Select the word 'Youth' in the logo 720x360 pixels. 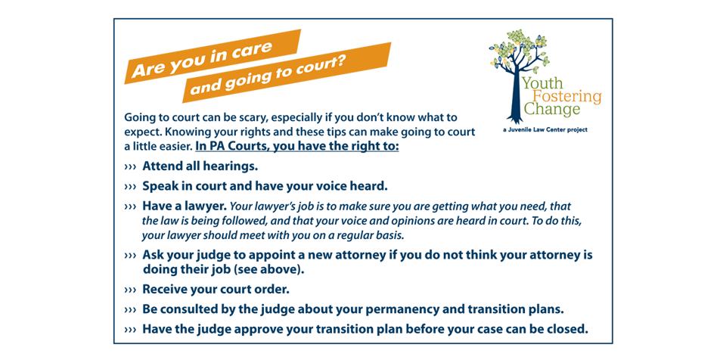542,83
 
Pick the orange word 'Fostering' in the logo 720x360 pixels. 566,96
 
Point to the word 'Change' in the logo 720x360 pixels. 552,110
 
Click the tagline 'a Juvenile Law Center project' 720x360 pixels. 539,129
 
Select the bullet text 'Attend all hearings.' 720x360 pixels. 200,166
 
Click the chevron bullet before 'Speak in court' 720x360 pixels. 130,186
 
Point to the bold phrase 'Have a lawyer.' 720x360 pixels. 184,206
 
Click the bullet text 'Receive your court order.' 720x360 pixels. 216,289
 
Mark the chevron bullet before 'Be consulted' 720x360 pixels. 130,310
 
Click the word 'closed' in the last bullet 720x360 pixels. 564,329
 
